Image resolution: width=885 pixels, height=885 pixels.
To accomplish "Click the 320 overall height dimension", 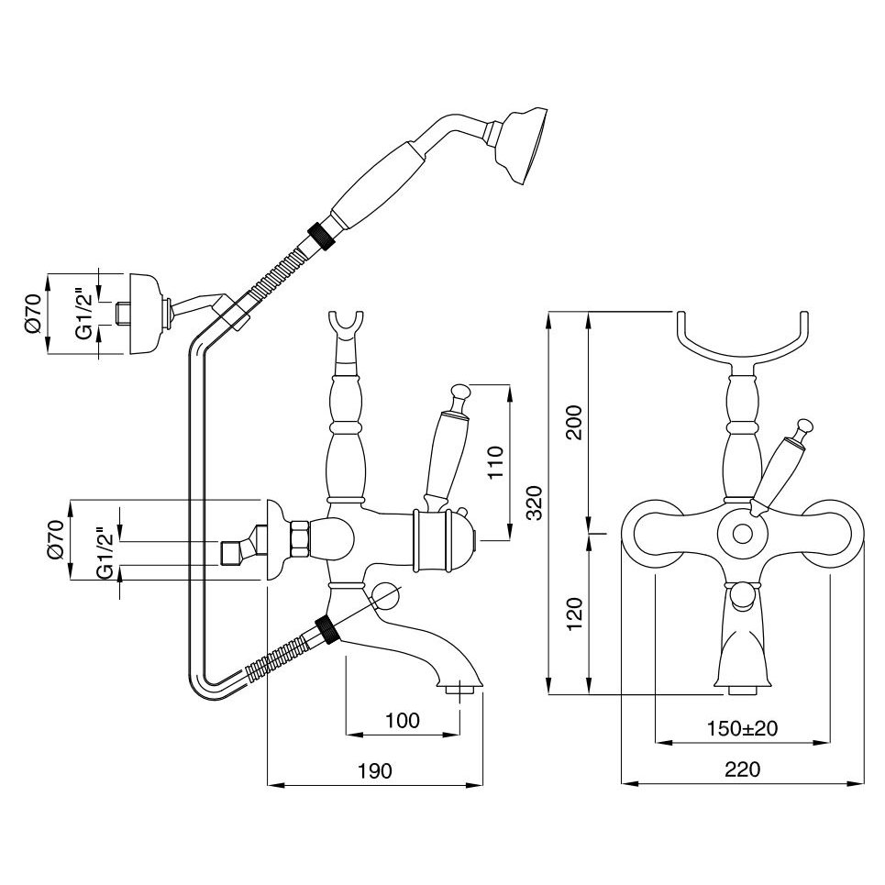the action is coord(534,503).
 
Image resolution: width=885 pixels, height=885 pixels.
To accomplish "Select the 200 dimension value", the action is coord(574,423).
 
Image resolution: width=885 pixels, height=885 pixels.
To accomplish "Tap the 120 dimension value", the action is coord(574,614).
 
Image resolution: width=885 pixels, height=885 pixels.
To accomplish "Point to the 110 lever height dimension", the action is coord(495,461).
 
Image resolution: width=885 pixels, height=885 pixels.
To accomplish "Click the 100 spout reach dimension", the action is coord(403,721).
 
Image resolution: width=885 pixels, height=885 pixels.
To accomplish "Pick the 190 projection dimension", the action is coord(374,770).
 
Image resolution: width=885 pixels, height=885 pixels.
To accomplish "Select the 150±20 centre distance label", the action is coord(742,729).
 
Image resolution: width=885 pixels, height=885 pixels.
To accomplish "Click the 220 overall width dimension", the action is coord(742,769).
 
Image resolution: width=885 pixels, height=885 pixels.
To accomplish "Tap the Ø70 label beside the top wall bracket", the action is coord(34,314).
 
